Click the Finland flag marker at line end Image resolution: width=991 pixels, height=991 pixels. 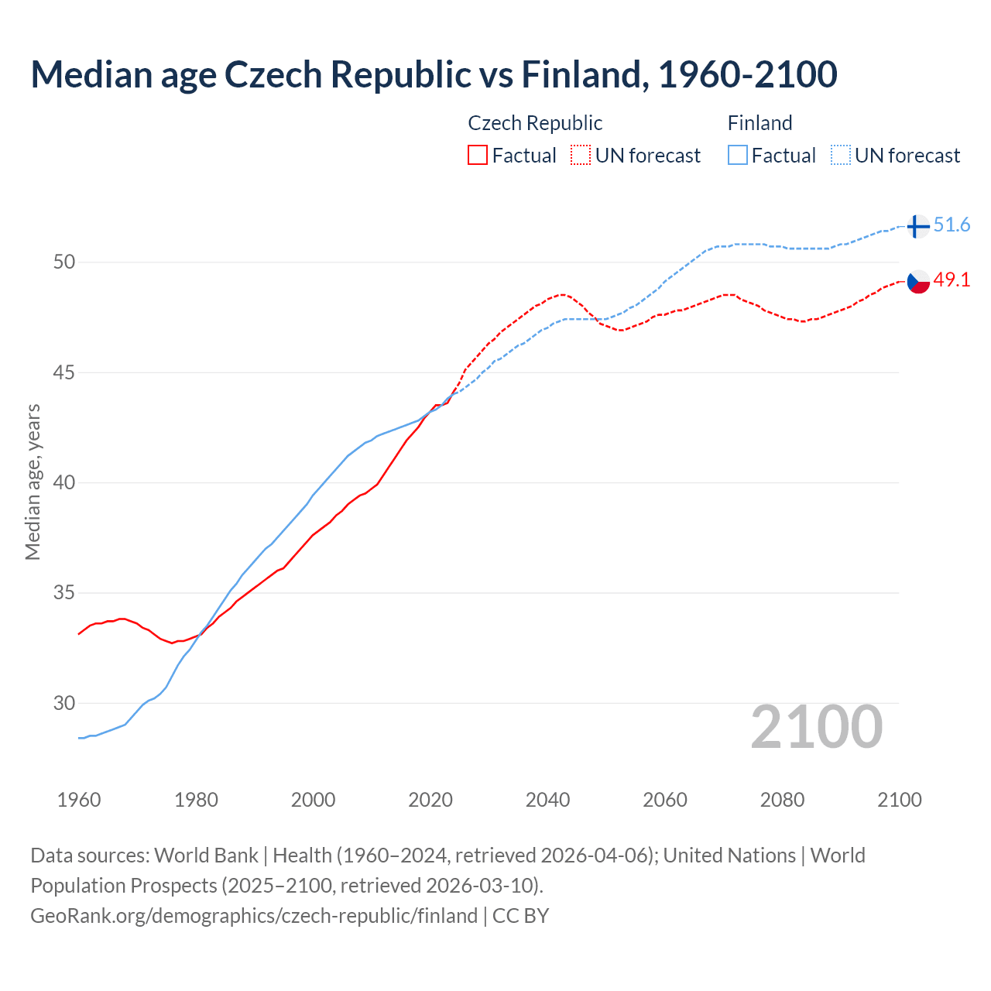pyautogui.click(x=917, y=226)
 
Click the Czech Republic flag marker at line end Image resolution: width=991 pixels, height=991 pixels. pyautogui.click(x=918, y=282)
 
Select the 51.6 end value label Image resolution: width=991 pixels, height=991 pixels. pyautogui.click(x=952, y=225)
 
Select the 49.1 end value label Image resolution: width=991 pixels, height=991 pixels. pyautogui.click(x=952, y=280)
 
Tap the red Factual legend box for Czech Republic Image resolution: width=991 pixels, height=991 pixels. pyautogui.click(x=478, y=156)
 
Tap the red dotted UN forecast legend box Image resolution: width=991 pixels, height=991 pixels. pyautogui.click(x=581, y=156)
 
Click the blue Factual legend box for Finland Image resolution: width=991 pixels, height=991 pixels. pyautogui.click(x=738, y=156)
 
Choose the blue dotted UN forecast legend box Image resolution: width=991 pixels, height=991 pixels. pyautogui.click(x=841, y=156)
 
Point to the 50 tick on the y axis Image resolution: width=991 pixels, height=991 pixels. pyautogui.click(x=64, y=262)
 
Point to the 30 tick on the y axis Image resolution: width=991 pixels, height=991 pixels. pyautogui.click(x=64, y=704)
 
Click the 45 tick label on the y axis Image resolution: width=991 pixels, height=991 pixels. pyautogui.click(x=64, y=373)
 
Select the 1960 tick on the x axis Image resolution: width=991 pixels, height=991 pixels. pyautogui.click(x=79, y=800)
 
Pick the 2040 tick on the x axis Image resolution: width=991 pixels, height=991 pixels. pyautogui.click(x=547, y=800)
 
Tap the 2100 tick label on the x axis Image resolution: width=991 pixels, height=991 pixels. pyautogui.click(x=899, y=800)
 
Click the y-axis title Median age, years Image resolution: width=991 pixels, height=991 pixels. pyautogui.click(x=33, y=482)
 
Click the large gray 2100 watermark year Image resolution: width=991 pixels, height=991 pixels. pyautogui.click(x=817, y=727)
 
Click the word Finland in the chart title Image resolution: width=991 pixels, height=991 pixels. pyautogui.click(x=581, y=75)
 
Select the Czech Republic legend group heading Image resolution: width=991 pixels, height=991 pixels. pyautogui.click(x=535, y=123)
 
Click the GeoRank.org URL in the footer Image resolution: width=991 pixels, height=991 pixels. pyautogui.click(x=254, y=916)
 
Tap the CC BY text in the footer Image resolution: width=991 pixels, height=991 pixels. pyautogui.click(x=520, y=916)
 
